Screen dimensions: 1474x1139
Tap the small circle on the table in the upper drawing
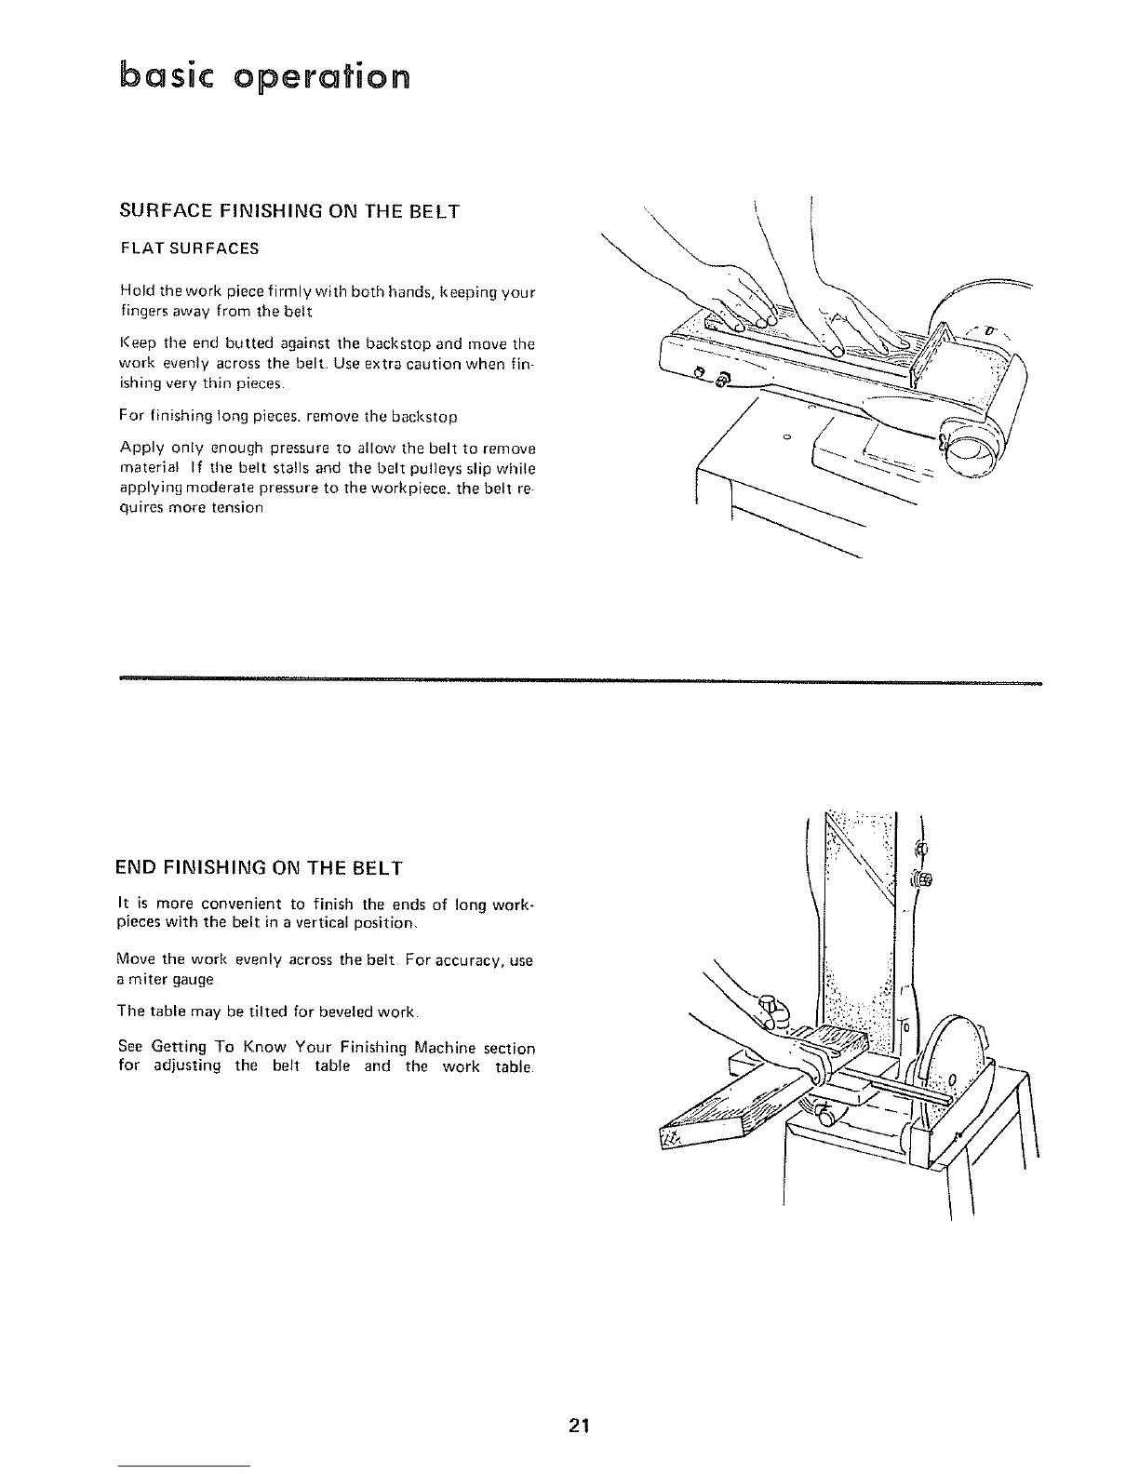(x=786, y=436)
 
